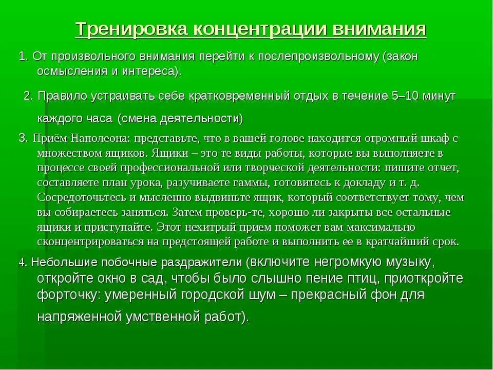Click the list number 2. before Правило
coord(29,96)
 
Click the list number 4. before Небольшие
coord(23,262)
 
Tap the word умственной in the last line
coord(169,317)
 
